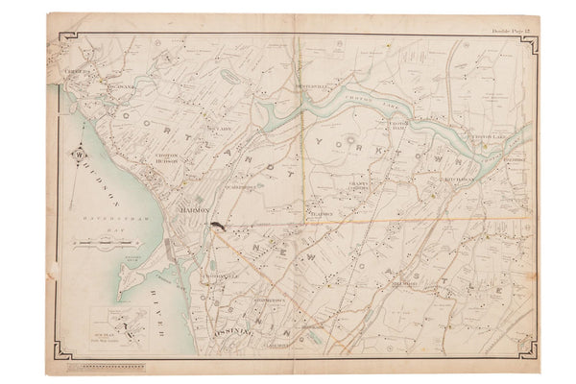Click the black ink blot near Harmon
click(220, 227)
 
